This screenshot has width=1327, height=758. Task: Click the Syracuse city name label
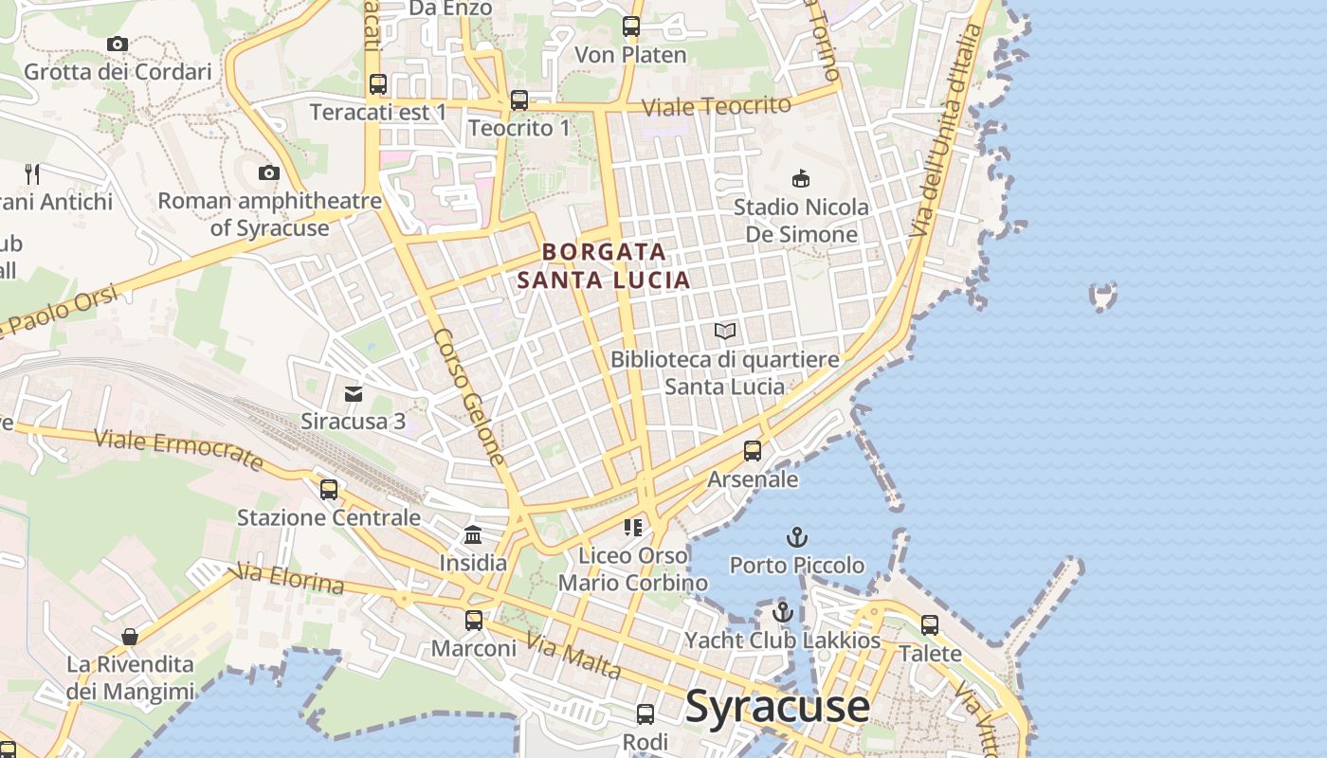point(776,707)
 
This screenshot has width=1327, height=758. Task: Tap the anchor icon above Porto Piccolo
point(796,538)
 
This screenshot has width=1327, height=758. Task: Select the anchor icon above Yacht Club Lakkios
point(782,612)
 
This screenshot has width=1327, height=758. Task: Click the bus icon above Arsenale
point(753,451)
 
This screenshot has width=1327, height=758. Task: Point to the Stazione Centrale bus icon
point(329,490)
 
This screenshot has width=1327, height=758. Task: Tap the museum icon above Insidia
point(473,535)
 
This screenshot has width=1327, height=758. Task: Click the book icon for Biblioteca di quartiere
point(725,332)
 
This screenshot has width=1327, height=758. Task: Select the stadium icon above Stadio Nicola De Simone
point(801,178)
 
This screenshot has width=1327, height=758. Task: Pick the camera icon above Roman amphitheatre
point(269,172)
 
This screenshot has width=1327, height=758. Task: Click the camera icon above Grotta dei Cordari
point(118,44)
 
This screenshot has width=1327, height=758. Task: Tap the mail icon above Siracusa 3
point(354,393)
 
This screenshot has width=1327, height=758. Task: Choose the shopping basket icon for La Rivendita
point(130,637)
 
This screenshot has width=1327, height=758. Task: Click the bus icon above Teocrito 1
point(519,100)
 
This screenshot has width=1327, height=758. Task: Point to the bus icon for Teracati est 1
point(378,84)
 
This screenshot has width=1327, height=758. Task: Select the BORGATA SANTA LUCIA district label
point(604,266)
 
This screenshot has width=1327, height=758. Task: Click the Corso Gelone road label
point(469,397)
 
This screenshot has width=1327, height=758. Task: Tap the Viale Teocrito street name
point(716,106)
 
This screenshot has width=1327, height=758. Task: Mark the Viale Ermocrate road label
point(178,449)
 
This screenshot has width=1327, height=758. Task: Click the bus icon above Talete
point(930,625)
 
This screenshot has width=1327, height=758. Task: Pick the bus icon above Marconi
point(474,621)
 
